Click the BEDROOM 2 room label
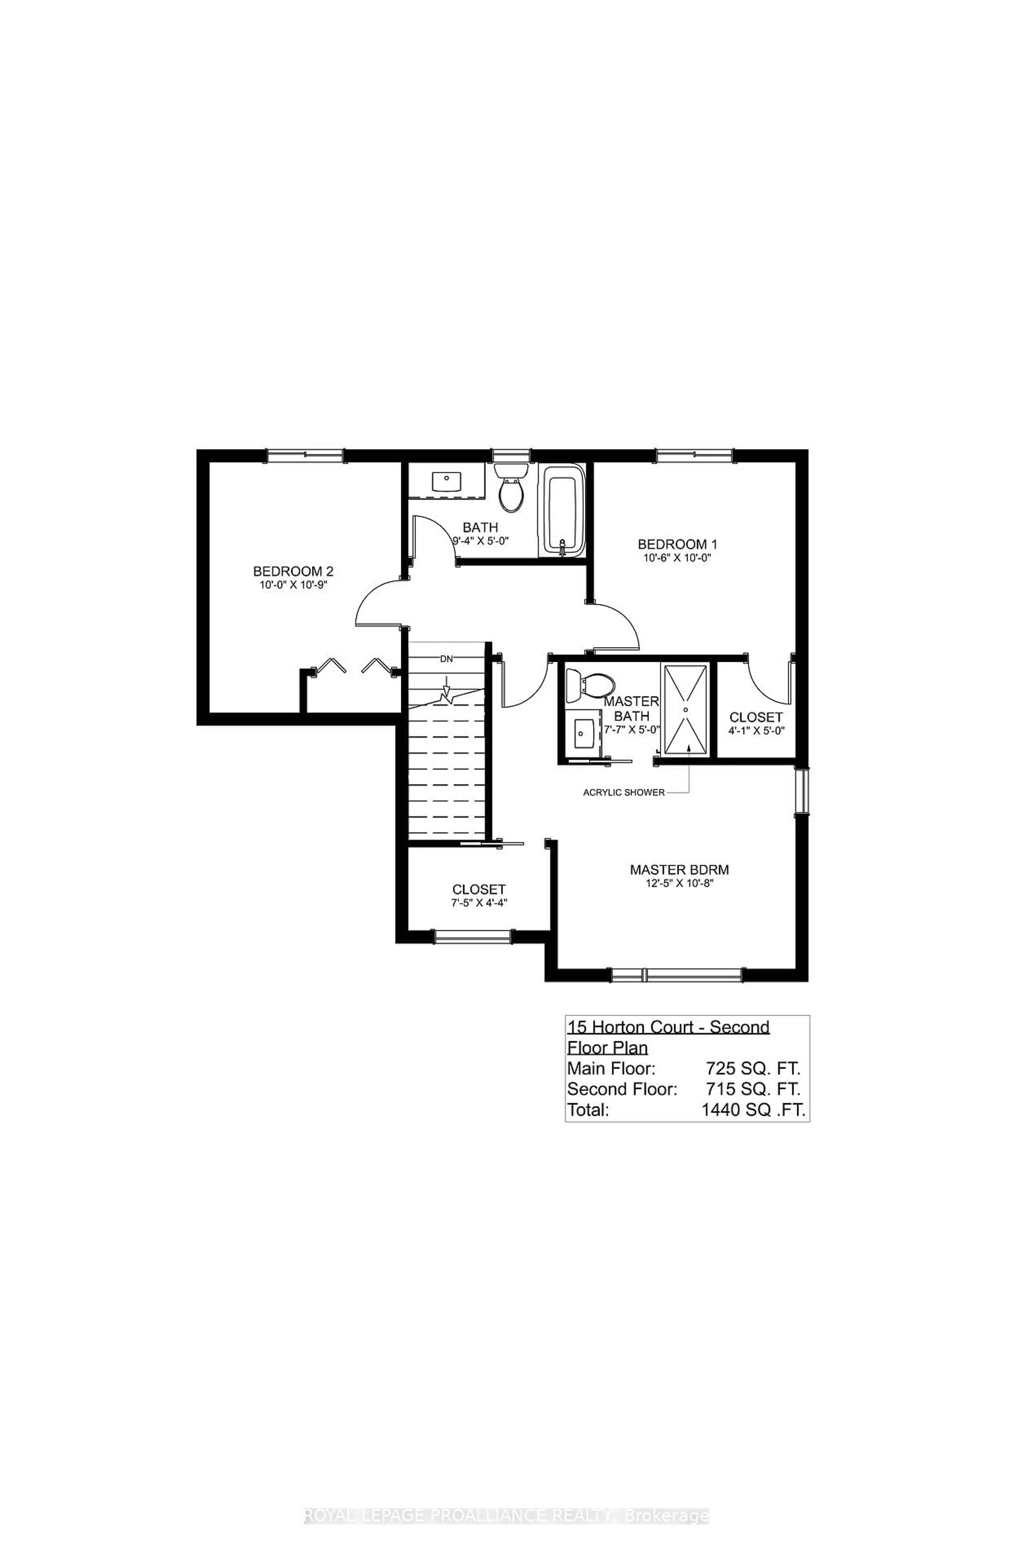293,571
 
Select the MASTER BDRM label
679,870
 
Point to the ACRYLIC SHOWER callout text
624,793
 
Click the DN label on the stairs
447,659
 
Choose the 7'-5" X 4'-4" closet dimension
478,903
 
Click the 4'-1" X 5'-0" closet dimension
756,730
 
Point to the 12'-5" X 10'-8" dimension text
679,883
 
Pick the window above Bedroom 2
305,456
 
